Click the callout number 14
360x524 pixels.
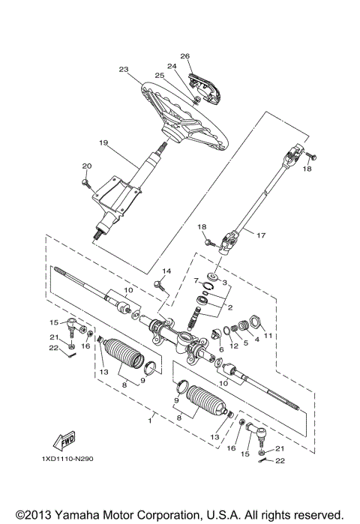[x=166, y=271]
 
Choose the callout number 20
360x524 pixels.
[x=85, y=166]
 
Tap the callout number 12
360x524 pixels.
[x=234, y=345]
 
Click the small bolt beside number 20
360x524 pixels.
[x=88, y=179]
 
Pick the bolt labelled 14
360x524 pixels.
[x=159, y=283]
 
